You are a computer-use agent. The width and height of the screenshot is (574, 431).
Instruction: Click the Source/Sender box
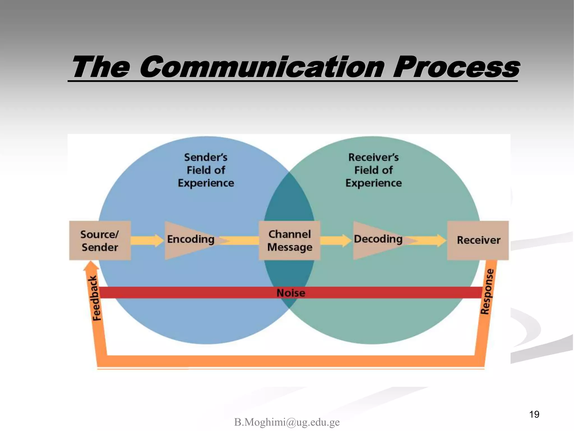point(100,240)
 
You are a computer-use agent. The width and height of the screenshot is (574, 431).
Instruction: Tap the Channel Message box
point(290,240)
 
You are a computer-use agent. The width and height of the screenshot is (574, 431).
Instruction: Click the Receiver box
point(478,240)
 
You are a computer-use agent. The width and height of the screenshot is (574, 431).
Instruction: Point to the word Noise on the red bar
point(291,293)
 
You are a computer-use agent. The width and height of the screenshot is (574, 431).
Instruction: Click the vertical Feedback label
point(96,298)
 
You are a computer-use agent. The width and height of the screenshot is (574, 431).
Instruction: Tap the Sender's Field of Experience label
point(206,170)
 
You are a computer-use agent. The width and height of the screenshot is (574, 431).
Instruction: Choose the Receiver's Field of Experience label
point(373,170)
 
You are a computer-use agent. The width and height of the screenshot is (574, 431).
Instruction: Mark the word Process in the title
point(456,67)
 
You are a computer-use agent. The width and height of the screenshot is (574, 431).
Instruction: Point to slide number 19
point(534,414)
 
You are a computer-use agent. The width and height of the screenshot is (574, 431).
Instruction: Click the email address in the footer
point(287,422)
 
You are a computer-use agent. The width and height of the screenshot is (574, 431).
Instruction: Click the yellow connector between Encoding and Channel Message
point(241,240)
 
